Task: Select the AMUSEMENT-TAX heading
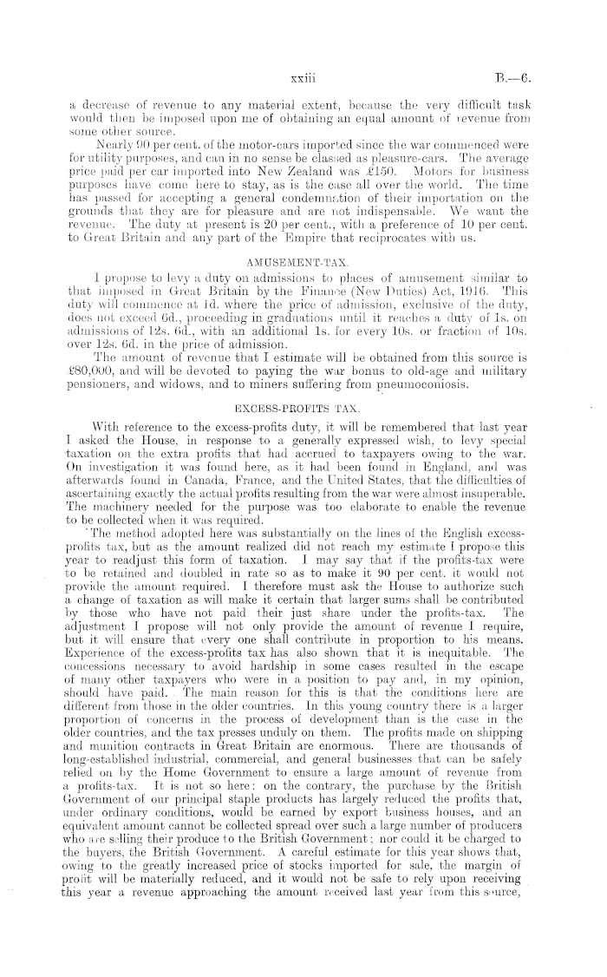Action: point(303,259)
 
